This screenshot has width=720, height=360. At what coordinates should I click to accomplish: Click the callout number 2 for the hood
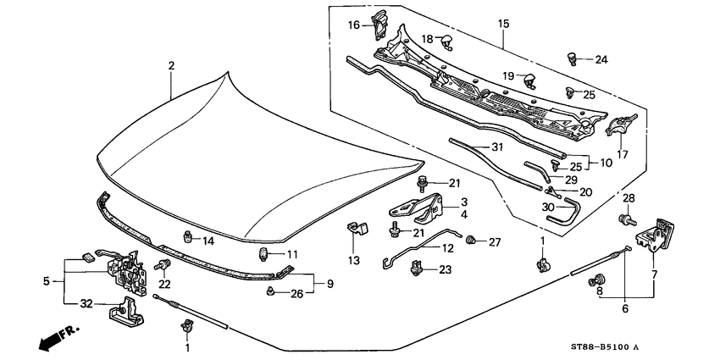(171, 65)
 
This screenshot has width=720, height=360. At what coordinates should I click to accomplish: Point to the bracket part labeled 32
(125, 312)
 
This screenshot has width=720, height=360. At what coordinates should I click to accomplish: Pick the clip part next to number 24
(573, 58)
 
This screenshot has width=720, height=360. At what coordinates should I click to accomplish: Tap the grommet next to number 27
(475, 241)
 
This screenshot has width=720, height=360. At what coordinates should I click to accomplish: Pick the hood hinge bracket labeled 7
(659, 234)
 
